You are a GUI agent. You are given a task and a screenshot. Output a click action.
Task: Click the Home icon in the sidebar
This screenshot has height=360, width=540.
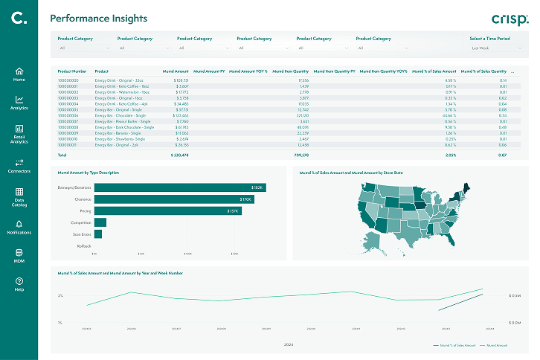[x=19, y=71]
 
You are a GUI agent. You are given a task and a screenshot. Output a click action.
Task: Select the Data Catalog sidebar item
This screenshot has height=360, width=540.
[x=19, y=191]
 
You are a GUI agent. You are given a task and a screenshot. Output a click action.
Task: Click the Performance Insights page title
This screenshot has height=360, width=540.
[x=98, y=19]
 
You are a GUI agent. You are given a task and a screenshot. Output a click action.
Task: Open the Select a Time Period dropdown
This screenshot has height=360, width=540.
[x=495, y=48]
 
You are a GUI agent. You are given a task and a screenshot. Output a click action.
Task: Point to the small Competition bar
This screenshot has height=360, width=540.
[x=100, y=222]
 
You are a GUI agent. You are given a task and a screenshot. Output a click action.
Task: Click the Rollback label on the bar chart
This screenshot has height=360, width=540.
[x=84, y=245]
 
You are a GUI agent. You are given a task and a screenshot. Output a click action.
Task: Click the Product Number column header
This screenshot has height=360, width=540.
[x=72, y=71]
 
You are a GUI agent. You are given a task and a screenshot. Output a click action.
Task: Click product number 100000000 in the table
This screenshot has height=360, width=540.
[x=68, y=80]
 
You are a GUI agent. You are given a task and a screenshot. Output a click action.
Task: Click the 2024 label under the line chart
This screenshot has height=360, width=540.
[x=289, y=344]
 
